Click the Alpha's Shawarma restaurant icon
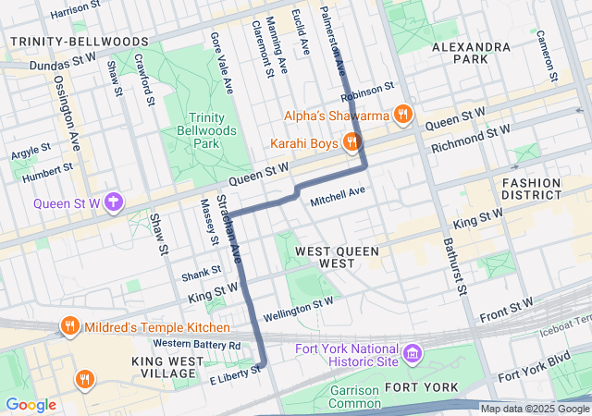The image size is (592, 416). click(x=402, y=115)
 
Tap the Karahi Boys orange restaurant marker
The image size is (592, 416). click(x=351, y=142)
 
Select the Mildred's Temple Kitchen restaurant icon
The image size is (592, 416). click(x=69, y=326)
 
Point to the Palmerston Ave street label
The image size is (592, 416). click(x=332, y=39)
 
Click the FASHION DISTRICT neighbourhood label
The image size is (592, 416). click(x=531, y=190)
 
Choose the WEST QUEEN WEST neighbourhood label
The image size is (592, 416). click(x=324, y=257)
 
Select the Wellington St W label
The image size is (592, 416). click(x=298, y=307)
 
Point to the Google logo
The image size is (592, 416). click(x=30, y=405)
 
